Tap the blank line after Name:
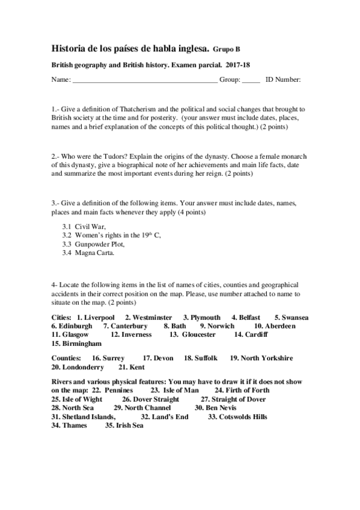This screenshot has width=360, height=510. (x=144, y=79)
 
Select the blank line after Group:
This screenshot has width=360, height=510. (x=251, y=79)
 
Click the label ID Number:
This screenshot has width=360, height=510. (x=283, y=79)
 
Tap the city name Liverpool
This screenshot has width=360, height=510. (x=99, y=317)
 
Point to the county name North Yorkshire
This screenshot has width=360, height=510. (x=267, y=358)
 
